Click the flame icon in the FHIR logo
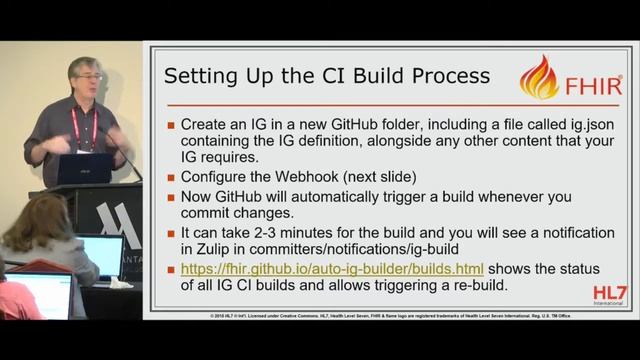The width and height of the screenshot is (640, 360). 540,77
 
